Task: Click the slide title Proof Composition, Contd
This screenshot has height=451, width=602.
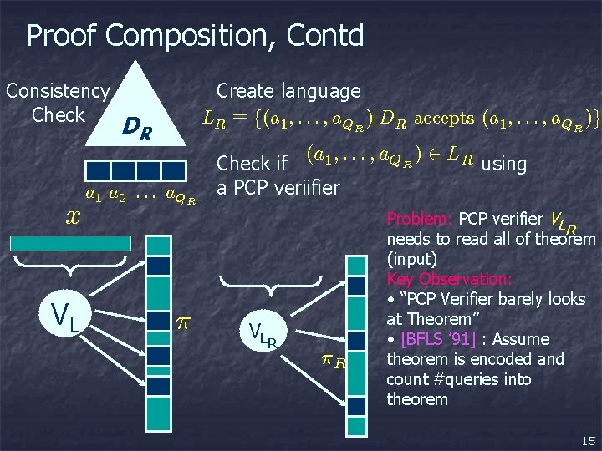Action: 195,36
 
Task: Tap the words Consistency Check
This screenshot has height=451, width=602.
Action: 57,102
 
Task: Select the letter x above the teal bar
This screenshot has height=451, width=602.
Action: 73,216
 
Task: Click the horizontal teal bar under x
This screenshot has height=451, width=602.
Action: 70,243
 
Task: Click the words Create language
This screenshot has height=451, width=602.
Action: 288,91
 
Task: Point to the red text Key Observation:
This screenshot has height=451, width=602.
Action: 449,279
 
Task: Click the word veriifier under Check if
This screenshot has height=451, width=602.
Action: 302,187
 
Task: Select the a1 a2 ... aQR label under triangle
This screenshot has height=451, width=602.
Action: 141,196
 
